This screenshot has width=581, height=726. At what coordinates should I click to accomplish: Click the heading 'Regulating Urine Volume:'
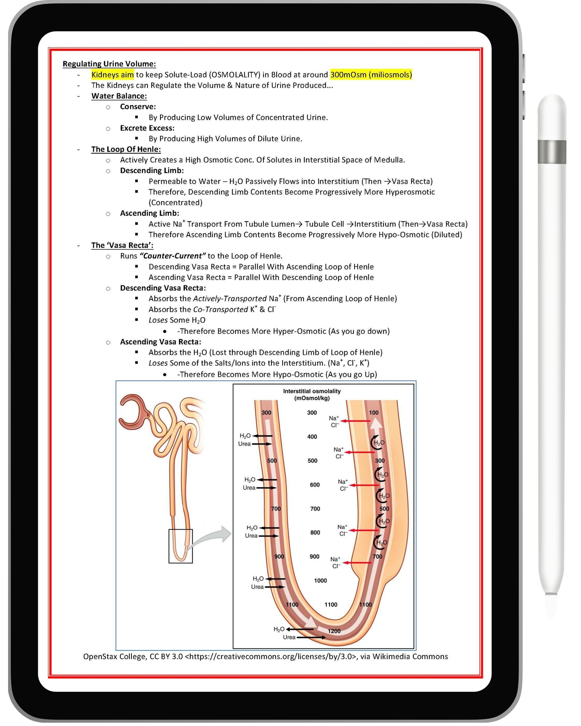[x=109, y=64]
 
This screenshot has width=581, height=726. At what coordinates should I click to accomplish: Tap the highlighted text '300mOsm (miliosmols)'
[x=371, y=74]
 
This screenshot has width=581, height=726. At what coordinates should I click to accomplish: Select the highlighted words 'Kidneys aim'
[x=112, y=74]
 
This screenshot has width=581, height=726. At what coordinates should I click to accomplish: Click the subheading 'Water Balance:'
[x=119, y=96]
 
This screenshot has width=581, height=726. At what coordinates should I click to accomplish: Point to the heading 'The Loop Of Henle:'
[x=126, y=149]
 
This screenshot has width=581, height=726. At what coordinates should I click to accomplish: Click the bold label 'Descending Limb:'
[x=152, y=170]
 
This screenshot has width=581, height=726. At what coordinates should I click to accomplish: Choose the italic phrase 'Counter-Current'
[x=172, y=256]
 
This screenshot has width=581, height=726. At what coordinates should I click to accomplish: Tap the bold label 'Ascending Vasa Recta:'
[x=160, y=342]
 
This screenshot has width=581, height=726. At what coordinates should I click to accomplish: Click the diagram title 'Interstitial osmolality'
[x=312, y=391]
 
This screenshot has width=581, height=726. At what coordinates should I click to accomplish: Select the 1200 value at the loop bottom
[x=334, y=631]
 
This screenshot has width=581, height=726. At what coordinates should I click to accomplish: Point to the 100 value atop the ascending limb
[x=374, y=412]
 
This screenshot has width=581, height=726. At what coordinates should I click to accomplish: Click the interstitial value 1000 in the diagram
[x=320, y=580]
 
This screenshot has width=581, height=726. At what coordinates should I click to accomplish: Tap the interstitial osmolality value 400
[x=312, y=437]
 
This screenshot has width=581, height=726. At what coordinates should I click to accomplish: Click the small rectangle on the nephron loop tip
[x=181, y=546]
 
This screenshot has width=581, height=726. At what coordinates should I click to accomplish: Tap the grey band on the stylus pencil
[x=552, y=152]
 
